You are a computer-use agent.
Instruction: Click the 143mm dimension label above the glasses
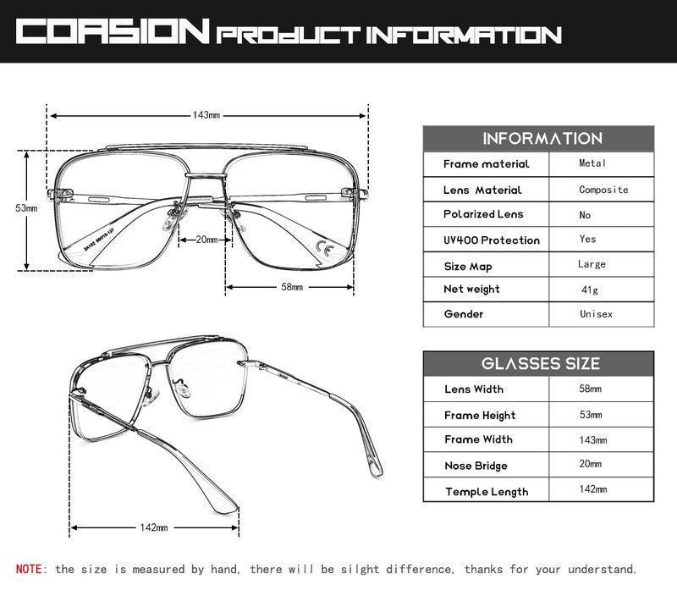click(x=206, y=115)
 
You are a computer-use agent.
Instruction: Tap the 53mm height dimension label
click(x=26, y=208)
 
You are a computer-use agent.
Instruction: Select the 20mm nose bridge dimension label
click(x=206, y=240)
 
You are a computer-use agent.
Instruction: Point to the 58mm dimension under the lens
click(x=292, y=287)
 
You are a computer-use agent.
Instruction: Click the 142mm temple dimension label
click(x=154, y=527)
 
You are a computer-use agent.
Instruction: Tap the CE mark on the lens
click(x=325, y=247)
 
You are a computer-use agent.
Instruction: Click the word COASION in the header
click(x=113, y=31)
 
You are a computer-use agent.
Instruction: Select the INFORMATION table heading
click(x=542, y=139)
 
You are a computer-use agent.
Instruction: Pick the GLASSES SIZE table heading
click(x=541, y=364)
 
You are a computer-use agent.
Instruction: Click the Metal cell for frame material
click(x=592, y=163)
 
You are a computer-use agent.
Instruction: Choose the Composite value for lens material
click(x=603, y=190)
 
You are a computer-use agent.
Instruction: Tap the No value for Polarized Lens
click(x=585, y=215)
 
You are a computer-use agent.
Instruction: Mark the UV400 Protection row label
click(x=492, y=240)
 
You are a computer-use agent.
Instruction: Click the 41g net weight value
click(x=590, y=290)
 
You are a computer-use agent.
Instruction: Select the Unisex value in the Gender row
click(x=596, y=314)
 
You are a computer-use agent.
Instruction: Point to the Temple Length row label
click(x=487, y=492)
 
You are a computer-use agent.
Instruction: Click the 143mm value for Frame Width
click(x=593, y=440)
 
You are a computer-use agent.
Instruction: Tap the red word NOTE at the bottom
click(x=29, y=569)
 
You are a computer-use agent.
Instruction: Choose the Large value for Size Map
click(x=592, y=264)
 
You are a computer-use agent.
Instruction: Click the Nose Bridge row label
click(x=476, y=466)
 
